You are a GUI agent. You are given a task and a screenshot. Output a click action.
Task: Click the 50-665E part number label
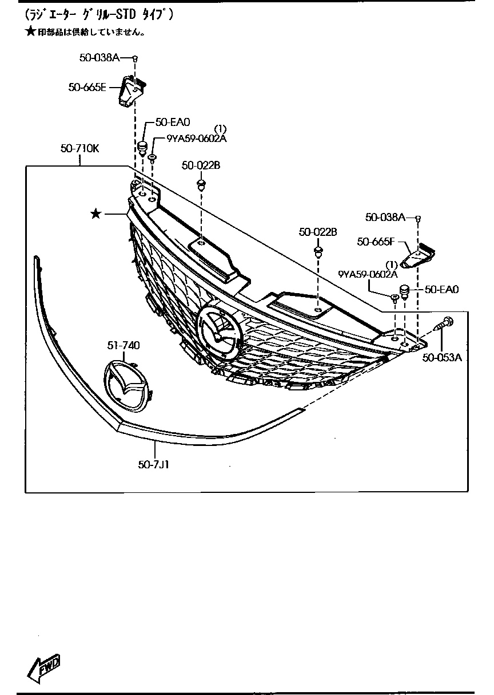tap(87, 87)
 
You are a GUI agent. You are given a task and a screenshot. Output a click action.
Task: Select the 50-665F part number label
tap(376, 242)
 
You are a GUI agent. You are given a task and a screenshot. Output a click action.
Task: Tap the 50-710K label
tap(80, 149)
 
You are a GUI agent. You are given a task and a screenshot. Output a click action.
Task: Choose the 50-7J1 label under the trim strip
tap(153, 465)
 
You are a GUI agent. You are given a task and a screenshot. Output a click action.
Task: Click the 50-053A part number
tap(442, 358)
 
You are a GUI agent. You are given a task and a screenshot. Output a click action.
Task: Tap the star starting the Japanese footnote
tap(30, 32)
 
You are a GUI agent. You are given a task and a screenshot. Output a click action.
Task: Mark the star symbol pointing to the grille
tap(96, 214)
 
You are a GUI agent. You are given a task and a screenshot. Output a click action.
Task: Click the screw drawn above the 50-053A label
tap(445, 325)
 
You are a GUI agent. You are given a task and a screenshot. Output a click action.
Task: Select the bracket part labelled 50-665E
tap(131, 90)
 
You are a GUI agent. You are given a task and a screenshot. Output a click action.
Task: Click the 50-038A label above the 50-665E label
tap(99, 57)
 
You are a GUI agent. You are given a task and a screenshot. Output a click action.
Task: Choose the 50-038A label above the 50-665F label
tap(385, 217)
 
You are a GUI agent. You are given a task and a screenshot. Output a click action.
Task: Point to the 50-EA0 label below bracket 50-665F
tap(442, 290)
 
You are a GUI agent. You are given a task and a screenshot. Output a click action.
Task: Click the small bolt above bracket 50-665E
tap(136, 58)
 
